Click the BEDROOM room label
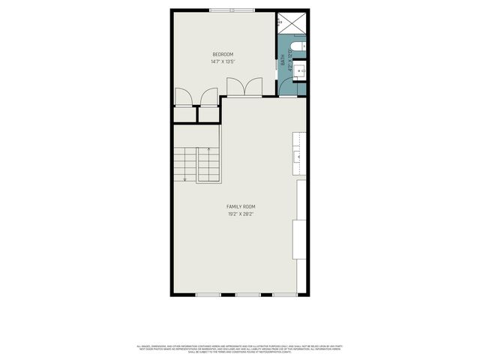coord(223,54)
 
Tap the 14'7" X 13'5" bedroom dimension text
coord(223,62)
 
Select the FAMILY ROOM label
coord(241,206)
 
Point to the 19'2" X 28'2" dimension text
coord(241,214)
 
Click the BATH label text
coord(283,64)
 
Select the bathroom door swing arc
coord(286,88)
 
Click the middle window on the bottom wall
coord(247,295)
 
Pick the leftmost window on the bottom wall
coord(207,295)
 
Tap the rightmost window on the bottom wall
coord(284,295)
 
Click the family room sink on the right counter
coord(298,157)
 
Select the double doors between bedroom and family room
coord(244,88)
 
